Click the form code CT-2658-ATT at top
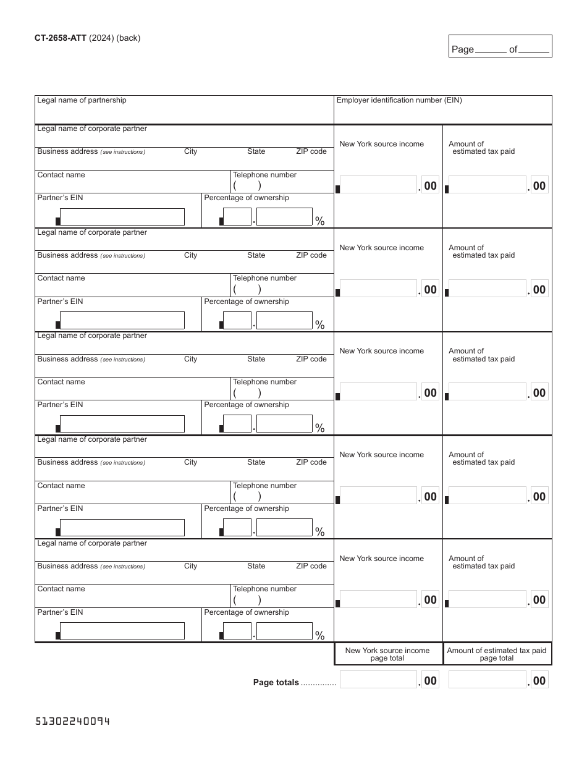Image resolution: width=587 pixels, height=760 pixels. (x=61, y=38)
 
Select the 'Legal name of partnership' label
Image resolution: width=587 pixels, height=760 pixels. (x=82, y=100)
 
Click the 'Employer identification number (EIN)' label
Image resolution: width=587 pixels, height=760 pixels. (x=399, y=100)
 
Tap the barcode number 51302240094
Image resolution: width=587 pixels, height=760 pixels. (x=72, y=721)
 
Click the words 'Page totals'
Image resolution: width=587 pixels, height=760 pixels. (x=276, y=683)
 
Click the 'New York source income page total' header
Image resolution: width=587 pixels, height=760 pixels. (x=387, y=654)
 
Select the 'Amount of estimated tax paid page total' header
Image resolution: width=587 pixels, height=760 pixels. (x=497, y=654)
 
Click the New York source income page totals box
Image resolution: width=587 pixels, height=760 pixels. (x=379, y=680)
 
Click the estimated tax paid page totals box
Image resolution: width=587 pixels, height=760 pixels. (x=488, y=680)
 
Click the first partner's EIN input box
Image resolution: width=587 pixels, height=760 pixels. (x=122, y=217)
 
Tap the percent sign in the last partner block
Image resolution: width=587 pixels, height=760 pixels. (x=320, y=635)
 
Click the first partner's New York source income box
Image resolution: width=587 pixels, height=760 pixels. (x=379, y=185)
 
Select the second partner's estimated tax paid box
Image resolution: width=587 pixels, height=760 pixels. (x=488, y=289)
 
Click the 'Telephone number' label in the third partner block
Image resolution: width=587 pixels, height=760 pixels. (x=264, y=382)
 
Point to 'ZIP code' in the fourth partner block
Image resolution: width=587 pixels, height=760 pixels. (x=311, y=462)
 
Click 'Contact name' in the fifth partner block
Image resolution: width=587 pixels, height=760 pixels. (x=61, y=589)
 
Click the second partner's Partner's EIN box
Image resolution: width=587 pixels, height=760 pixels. (x=122, y=321)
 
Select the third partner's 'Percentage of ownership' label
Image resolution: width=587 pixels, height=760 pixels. (x=247, y=405)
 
